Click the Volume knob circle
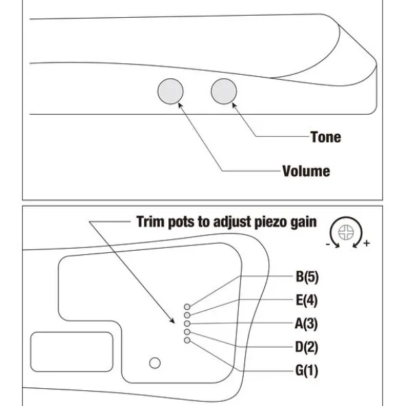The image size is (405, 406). [x=170, y=91]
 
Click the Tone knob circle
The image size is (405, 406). [x=224, y=91]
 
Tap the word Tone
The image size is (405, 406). [x=326, y=137]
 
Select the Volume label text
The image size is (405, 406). [x=306, y=171]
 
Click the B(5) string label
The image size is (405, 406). [x=307, y=277]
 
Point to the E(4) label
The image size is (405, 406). [x=307, y=300]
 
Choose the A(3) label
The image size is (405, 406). [x=306, y=324]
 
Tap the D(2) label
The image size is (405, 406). [x=307, y=347]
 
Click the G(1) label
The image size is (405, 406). [x=307, y=370]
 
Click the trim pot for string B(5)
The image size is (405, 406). [x=187, y=307]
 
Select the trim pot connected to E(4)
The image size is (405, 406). [x=187, y=315]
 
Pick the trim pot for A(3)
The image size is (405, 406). [x=187, y=324]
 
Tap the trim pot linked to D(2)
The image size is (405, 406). [x=187, y=332]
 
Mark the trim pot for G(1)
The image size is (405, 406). [x=187, y=340]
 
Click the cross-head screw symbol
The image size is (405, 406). [x=346, y=232]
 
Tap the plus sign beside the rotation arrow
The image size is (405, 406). [x=367, y=243]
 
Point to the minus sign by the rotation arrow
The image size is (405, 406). [x=327, y=244]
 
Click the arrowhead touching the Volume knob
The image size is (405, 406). [x=180, y=104]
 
